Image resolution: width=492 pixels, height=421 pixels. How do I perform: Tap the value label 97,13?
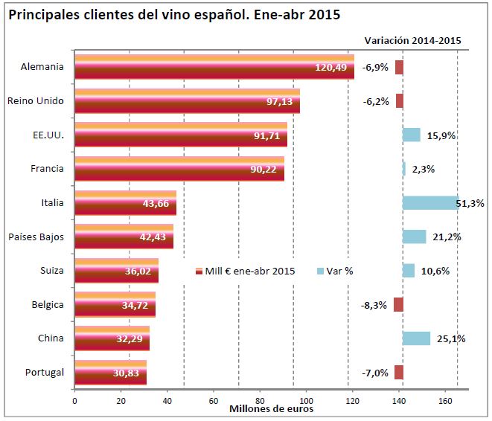pos(280,101)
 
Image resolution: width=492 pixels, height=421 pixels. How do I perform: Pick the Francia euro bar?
pos(179,169)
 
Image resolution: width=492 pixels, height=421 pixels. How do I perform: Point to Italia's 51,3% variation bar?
pos(430,202)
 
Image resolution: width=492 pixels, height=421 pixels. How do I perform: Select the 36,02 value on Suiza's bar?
pos(139,271)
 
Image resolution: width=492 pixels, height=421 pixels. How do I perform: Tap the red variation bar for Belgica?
pos(398,304)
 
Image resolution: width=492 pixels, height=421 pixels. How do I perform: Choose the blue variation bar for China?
pos(416,338)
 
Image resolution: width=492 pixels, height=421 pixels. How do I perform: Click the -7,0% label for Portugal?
pos(376,373)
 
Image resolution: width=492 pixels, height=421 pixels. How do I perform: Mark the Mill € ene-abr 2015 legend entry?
pos(245,271)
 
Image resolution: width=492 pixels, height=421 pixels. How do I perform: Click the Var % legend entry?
pos(335,271)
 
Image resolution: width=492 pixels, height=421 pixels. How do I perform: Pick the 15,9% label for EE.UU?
pos(439,135)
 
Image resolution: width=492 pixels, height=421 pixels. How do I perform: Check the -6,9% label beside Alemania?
pos(376,67)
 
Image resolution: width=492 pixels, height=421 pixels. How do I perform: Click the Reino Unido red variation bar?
pos(399,101)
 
